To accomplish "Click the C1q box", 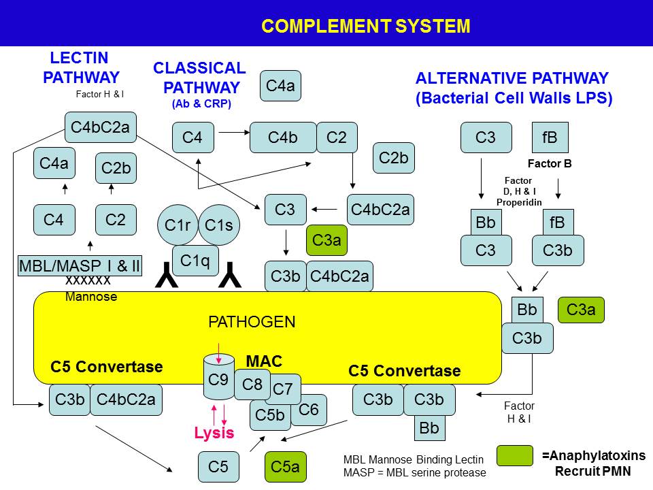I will click(x=195, y=259).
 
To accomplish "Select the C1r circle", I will click(x=178, y=225).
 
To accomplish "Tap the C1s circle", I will click(x=219, y=225).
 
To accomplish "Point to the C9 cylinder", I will click(x=218, y=380).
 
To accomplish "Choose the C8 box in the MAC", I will click(x=252, y=385).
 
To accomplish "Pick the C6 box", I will click(x=309, y=410).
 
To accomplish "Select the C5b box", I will click(x=270, y=414).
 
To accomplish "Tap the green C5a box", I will click(x=285, y=467).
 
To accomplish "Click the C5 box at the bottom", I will click(x=218, y=467).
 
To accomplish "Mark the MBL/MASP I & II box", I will click(x=79, y=266).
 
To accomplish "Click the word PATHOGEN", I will click(x=252, y=322).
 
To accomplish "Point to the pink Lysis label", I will click(x=214, y=434).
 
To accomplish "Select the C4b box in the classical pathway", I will click(x=283, y=137).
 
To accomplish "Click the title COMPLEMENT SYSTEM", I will click(x=365, y=27).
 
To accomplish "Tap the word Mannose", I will click(x=91, y=297).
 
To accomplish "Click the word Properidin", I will click(x=519, y=202).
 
